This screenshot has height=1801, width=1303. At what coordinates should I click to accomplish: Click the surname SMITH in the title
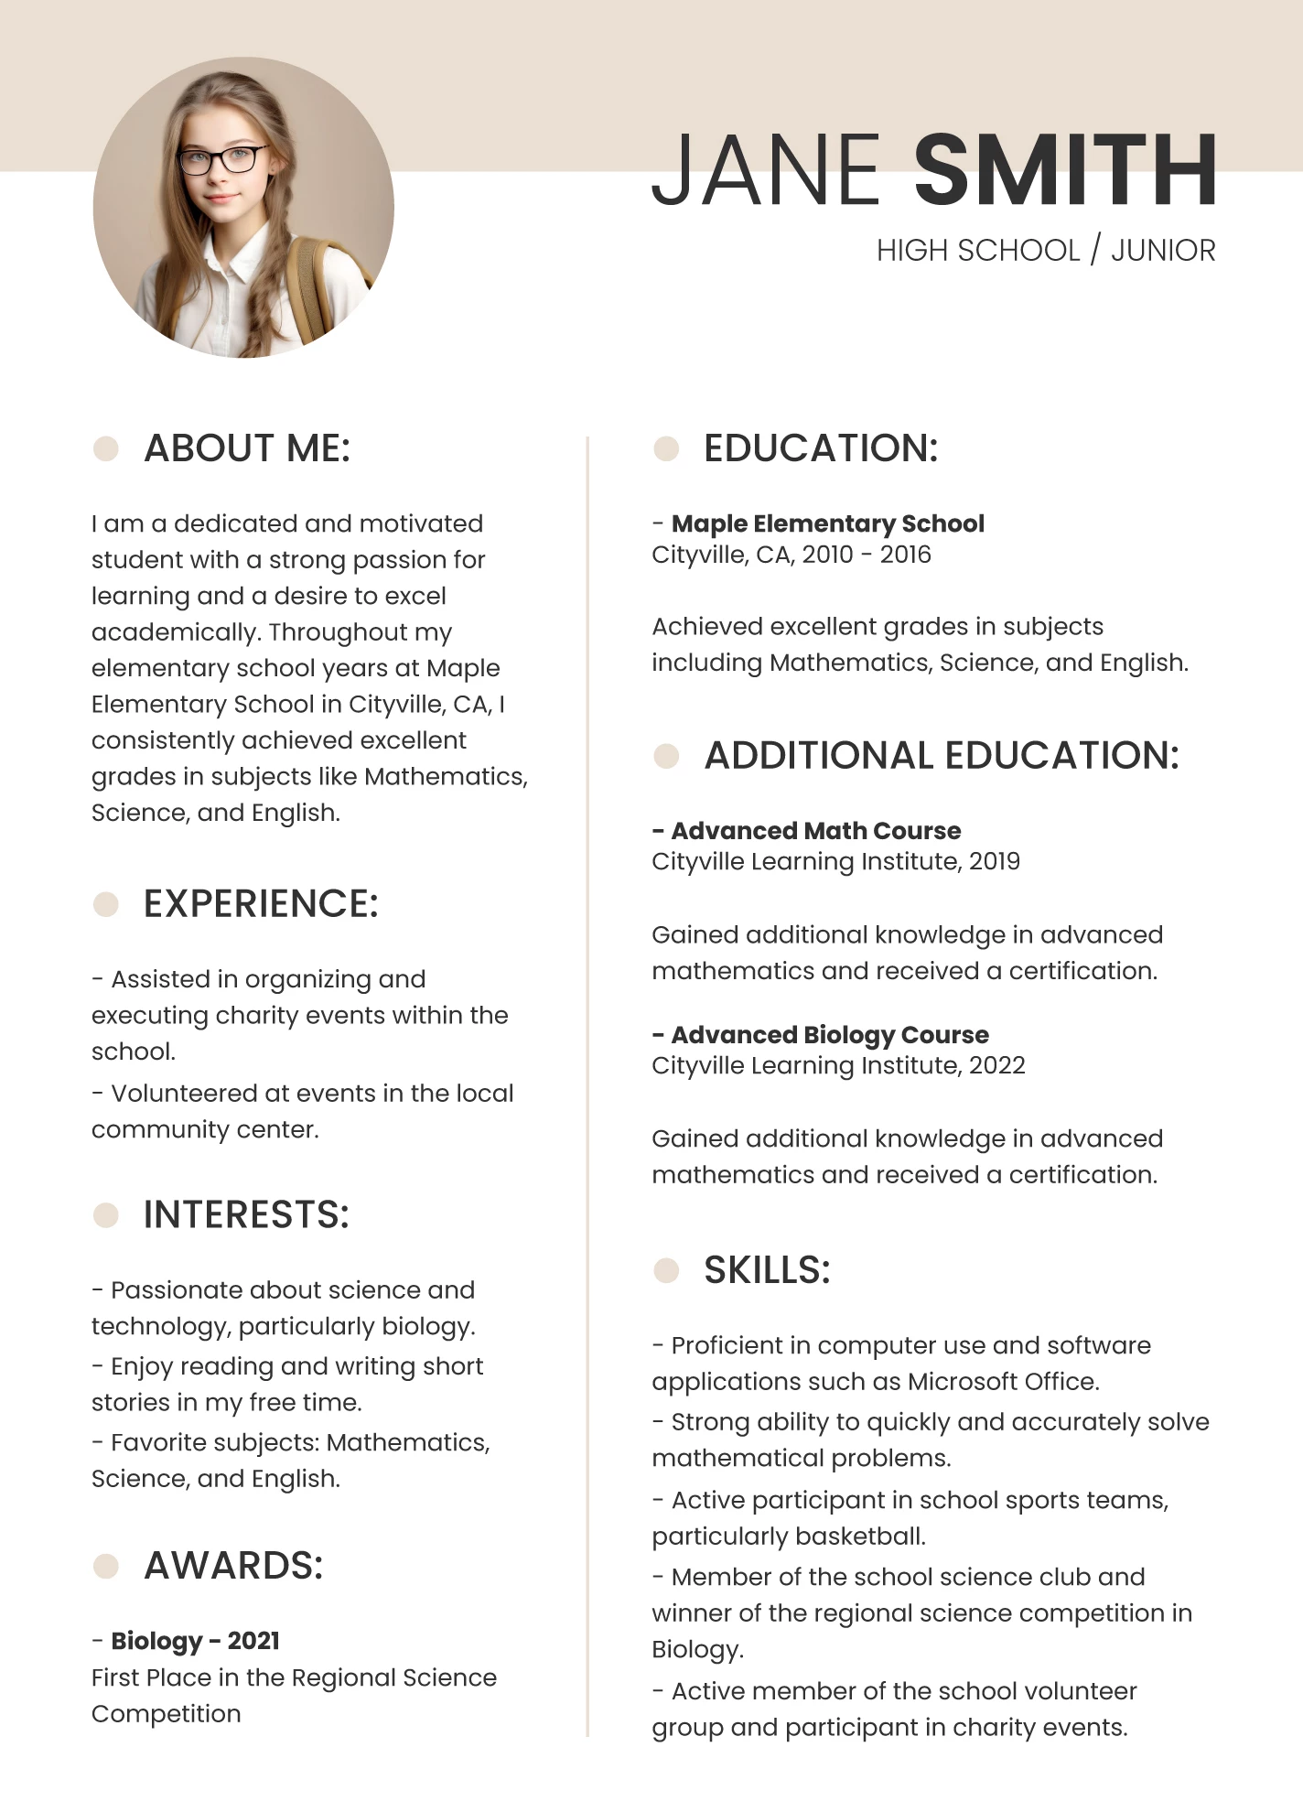(x=1065, y=170)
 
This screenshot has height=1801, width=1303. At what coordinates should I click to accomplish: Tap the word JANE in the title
(x=766, y=170)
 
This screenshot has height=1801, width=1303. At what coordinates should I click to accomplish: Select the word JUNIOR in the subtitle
(x=1163, y=250)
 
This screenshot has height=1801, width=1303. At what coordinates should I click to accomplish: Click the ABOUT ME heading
(x=247, y=448)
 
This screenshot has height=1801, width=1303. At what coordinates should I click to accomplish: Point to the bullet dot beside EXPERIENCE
(x=106, y=904)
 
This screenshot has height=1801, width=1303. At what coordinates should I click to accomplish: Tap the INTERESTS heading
(x=246, y=1215)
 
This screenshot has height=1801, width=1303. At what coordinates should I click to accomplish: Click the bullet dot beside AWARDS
(x=106, y=1566)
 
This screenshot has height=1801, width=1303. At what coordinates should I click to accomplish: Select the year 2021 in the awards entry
(x=253, y=1641)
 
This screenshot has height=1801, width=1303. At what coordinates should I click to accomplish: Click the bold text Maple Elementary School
(x=827, y=523)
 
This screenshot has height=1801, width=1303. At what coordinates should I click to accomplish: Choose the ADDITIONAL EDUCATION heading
(x=942, y=756)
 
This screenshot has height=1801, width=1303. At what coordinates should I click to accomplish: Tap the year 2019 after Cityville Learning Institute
(x=994, y=861)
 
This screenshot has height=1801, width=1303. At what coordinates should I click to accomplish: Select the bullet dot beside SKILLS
(x=666, y=1270)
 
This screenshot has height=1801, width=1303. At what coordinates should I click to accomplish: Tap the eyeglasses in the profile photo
(x=222, y=160)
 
